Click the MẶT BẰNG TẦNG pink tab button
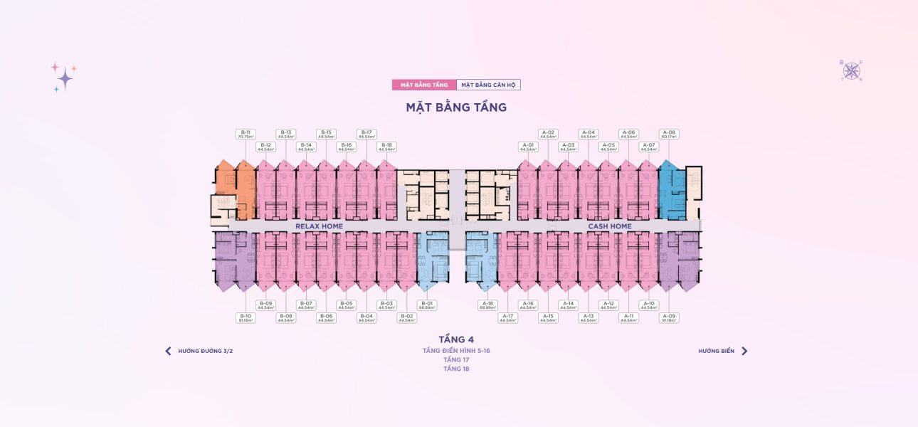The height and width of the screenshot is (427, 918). pyautogui.click(x=424, y=85)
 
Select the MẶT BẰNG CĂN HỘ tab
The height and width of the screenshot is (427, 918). pyautogui.click(x=488, y=85)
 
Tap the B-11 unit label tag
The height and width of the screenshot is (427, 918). pyautogui.click(x=246, y=134)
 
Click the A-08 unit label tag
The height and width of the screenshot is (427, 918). pyautogui.click(x=668, y=134)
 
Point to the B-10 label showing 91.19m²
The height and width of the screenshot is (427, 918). pyautogui.click(x=246, y=317)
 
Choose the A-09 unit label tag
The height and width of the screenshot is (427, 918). pyautogui.click(x=668, y=317)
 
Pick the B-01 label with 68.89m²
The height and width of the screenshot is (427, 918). pyautogui.click(x=426, y=305)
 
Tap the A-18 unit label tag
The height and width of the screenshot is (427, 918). pyautogui.click(x=487, y=305)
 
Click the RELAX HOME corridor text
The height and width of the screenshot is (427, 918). pyautogui.click(x=319, y=226)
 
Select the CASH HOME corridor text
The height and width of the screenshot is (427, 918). pyautogui.click(x=609, y=226)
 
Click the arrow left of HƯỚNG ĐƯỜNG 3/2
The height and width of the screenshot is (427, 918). pyautogui.click(x=168, y=351)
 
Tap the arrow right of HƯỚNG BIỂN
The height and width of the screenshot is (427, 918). pyautogui.click(x=744, y=351)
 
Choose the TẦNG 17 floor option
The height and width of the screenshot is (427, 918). pyautogui.click(x=456, y=360)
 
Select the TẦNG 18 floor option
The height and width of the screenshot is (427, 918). pyautogui.click(x=456, y=369)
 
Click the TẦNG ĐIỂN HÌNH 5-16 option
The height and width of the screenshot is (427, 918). pyautogui.click(x=456, y=351)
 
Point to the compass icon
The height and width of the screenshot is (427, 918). pyautogui.click(x=851, y=70)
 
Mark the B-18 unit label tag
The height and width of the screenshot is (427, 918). pyautogui.click(x=386, y=147)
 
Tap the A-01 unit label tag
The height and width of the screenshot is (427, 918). pyautogui.click(x=527, y=147)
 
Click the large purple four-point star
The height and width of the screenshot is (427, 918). pyautogui.click(x=65, y=78)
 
